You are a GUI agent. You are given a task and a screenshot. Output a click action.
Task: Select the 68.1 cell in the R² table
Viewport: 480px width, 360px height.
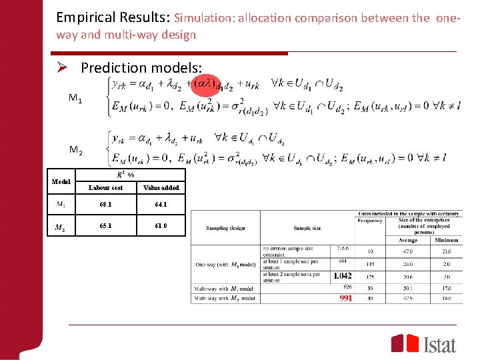105,205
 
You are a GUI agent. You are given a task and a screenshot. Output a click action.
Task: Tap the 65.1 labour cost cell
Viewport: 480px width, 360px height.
105,226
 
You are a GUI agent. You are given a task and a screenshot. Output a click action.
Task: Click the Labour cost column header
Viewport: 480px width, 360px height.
105,187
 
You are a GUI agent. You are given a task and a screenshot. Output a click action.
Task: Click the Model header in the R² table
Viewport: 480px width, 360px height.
61,181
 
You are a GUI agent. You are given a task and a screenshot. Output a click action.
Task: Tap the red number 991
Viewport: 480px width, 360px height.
345,298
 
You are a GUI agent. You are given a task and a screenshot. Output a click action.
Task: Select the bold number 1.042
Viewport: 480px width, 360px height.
342,276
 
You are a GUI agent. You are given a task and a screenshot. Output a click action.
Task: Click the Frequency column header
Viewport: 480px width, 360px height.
370,220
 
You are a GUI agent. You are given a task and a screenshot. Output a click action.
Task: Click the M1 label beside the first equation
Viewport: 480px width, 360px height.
75,99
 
